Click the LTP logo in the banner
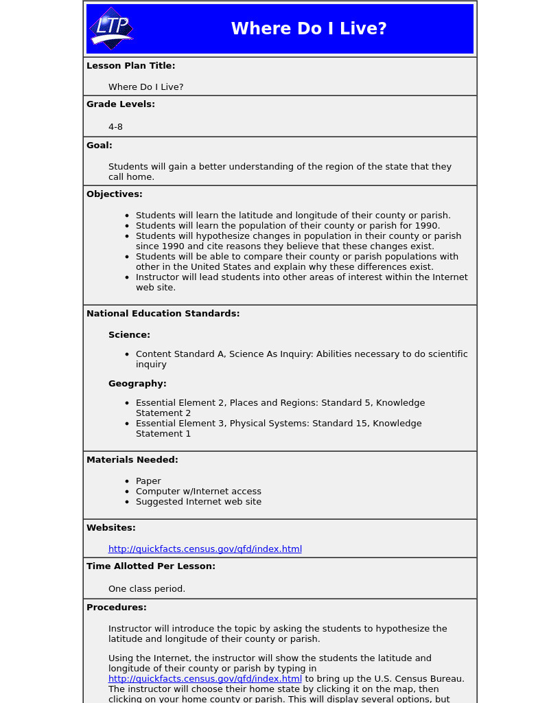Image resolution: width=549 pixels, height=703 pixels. (x=111, y=29)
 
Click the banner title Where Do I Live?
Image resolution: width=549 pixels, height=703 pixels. (x=309, y=29)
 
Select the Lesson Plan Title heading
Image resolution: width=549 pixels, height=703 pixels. (x=130, y=66)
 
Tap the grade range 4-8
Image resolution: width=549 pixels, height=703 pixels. (x=115, y=127)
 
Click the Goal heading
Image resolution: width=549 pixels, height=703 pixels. (x=100, y=146)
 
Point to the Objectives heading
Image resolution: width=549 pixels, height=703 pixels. (x=115, y=194)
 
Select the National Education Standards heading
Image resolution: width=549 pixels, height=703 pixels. (x=163, y=314)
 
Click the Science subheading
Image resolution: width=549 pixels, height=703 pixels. (x=129, y=335)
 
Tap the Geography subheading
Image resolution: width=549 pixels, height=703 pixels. (x=137, y=384)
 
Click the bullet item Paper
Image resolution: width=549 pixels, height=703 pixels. (x=148, y=481)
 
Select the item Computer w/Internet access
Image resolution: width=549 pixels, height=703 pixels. (x=198, y=492)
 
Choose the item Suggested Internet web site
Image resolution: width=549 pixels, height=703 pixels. (x=198, y=502)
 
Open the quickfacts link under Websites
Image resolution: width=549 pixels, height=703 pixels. (x=205, y=549)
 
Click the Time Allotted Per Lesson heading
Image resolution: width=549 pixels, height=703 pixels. (x=151, y=566)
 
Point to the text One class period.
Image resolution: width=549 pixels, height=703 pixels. (x=147, y=589)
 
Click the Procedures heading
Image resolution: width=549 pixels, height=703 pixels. (x=117, y=608)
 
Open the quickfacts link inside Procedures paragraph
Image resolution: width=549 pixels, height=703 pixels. (x=205, y=679)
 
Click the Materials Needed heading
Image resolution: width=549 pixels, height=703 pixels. (x=132, y=460)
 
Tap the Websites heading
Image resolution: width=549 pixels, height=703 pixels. (x=111, y=528)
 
